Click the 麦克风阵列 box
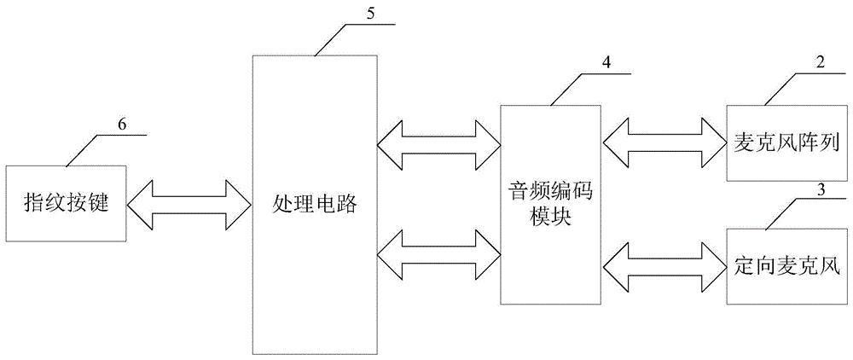782,142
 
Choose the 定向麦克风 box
782,266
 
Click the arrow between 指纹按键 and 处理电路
189,202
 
